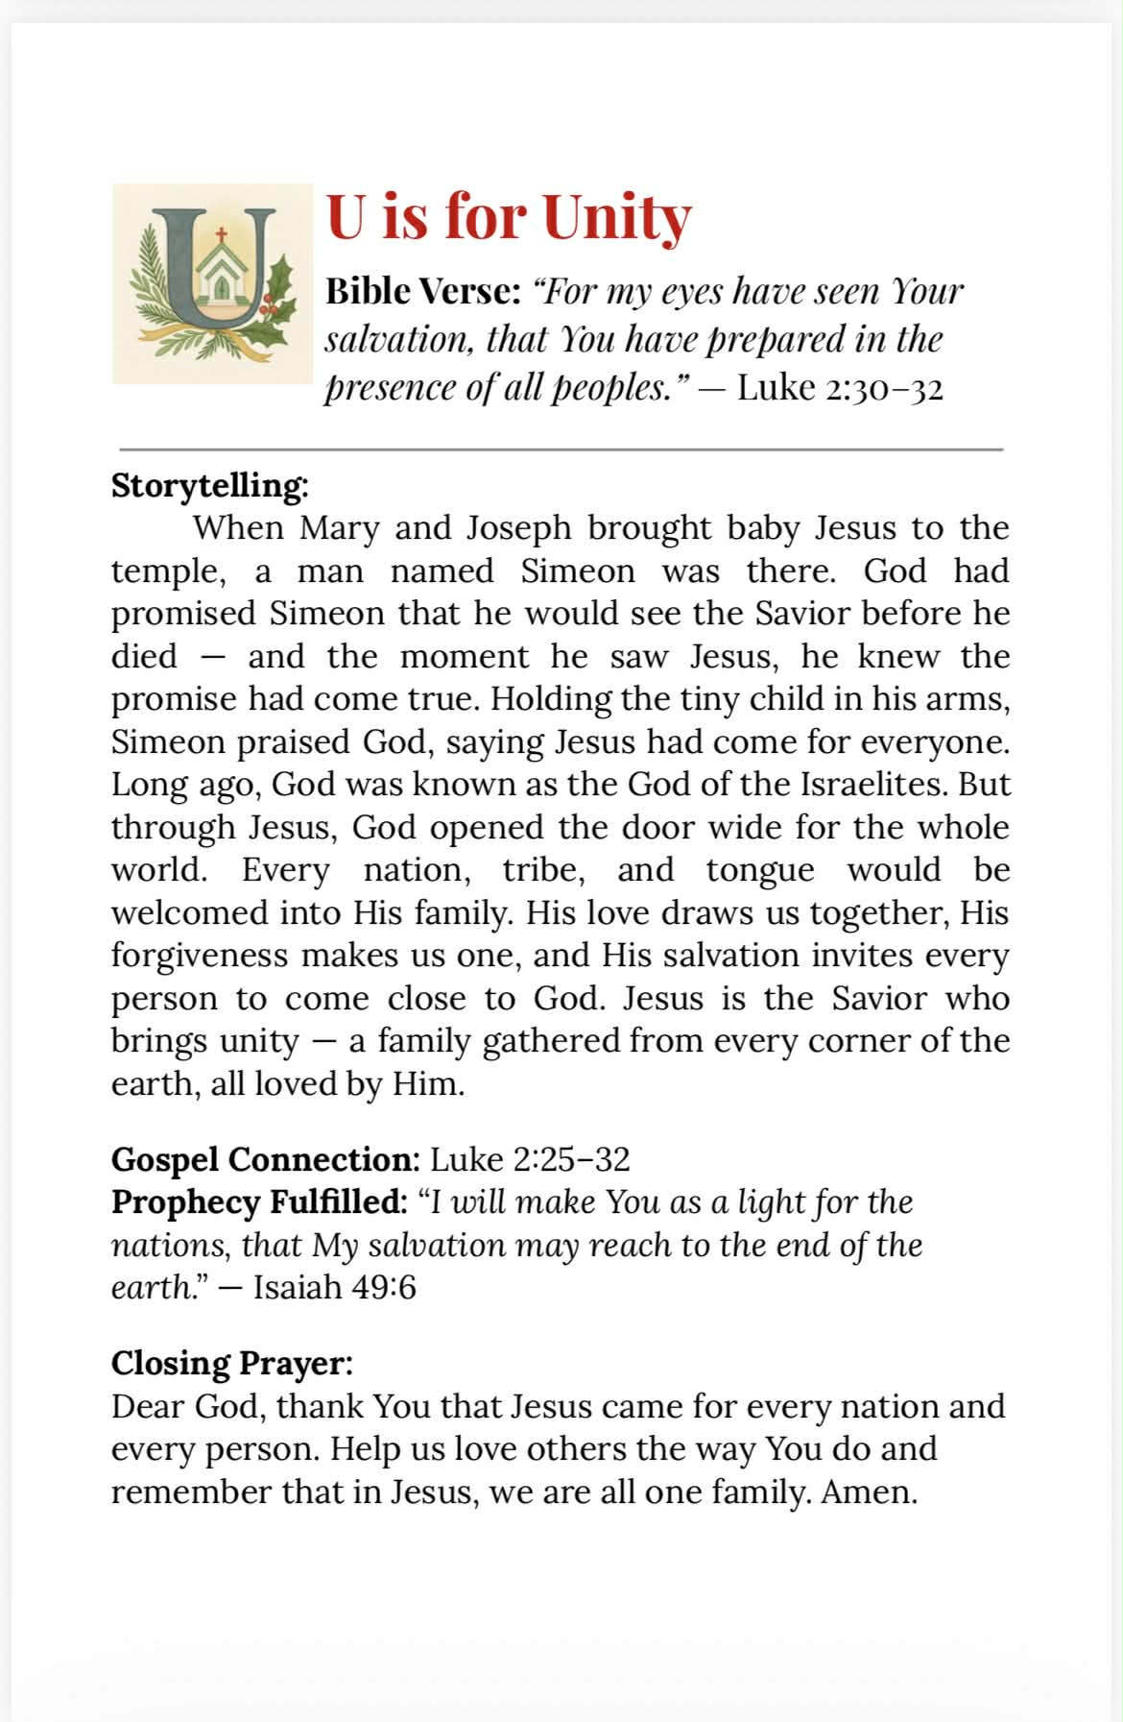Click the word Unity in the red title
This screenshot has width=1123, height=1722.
pos(616,218)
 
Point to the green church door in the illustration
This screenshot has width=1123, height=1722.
pos(222,286)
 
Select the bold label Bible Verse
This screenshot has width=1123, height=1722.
pos(422,291)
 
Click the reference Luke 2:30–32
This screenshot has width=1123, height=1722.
pos(840,388)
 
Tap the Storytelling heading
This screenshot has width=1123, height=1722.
pos(209,486)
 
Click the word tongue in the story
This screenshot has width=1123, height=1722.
pos(759,870)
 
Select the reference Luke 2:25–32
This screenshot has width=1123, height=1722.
pos(530,1160)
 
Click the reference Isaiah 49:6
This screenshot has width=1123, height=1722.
pos(334,1287)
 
